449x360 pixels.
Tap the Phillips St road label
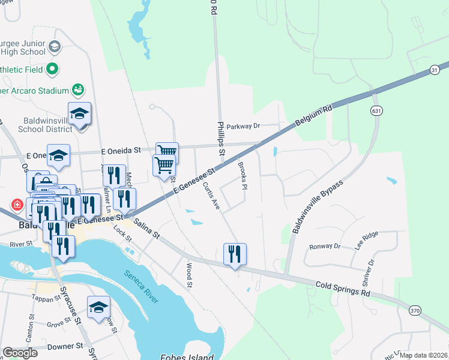coord(220,139)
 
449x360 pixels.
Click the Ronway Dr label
coord(325,247)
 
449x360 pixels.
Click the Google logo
coord(20,352)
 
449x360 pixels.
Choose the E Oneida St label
coord(120,150)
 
